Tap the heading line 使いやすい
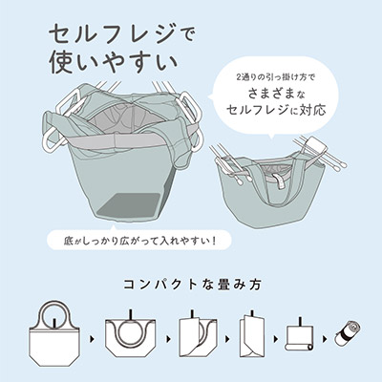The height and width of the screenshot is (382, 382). [x=114, y=63]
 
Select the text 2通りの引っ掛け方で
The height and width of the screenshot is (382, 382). [x=275, y=77]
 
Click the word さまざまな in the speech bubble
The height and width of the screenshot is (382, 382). [x=276, y=94]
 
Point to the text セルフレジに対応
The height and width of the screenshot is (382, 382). [x=276, y=110]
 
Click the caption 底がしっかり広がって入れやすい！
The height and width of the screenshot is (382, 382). [x=139, y=239]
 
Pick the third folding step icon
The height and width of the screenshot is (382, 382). [x=195, y=337]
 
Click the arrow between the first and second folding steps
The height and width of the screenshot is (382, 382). [x=93, y=339]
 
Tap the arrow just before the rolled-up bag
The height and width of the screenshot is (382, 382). [x=325, y=339]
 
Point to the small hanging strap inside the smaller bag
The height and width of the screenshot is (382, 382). [x=281, y=180]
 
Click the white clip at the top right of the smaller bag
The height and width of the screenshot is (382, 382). [x=315, y=146]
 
